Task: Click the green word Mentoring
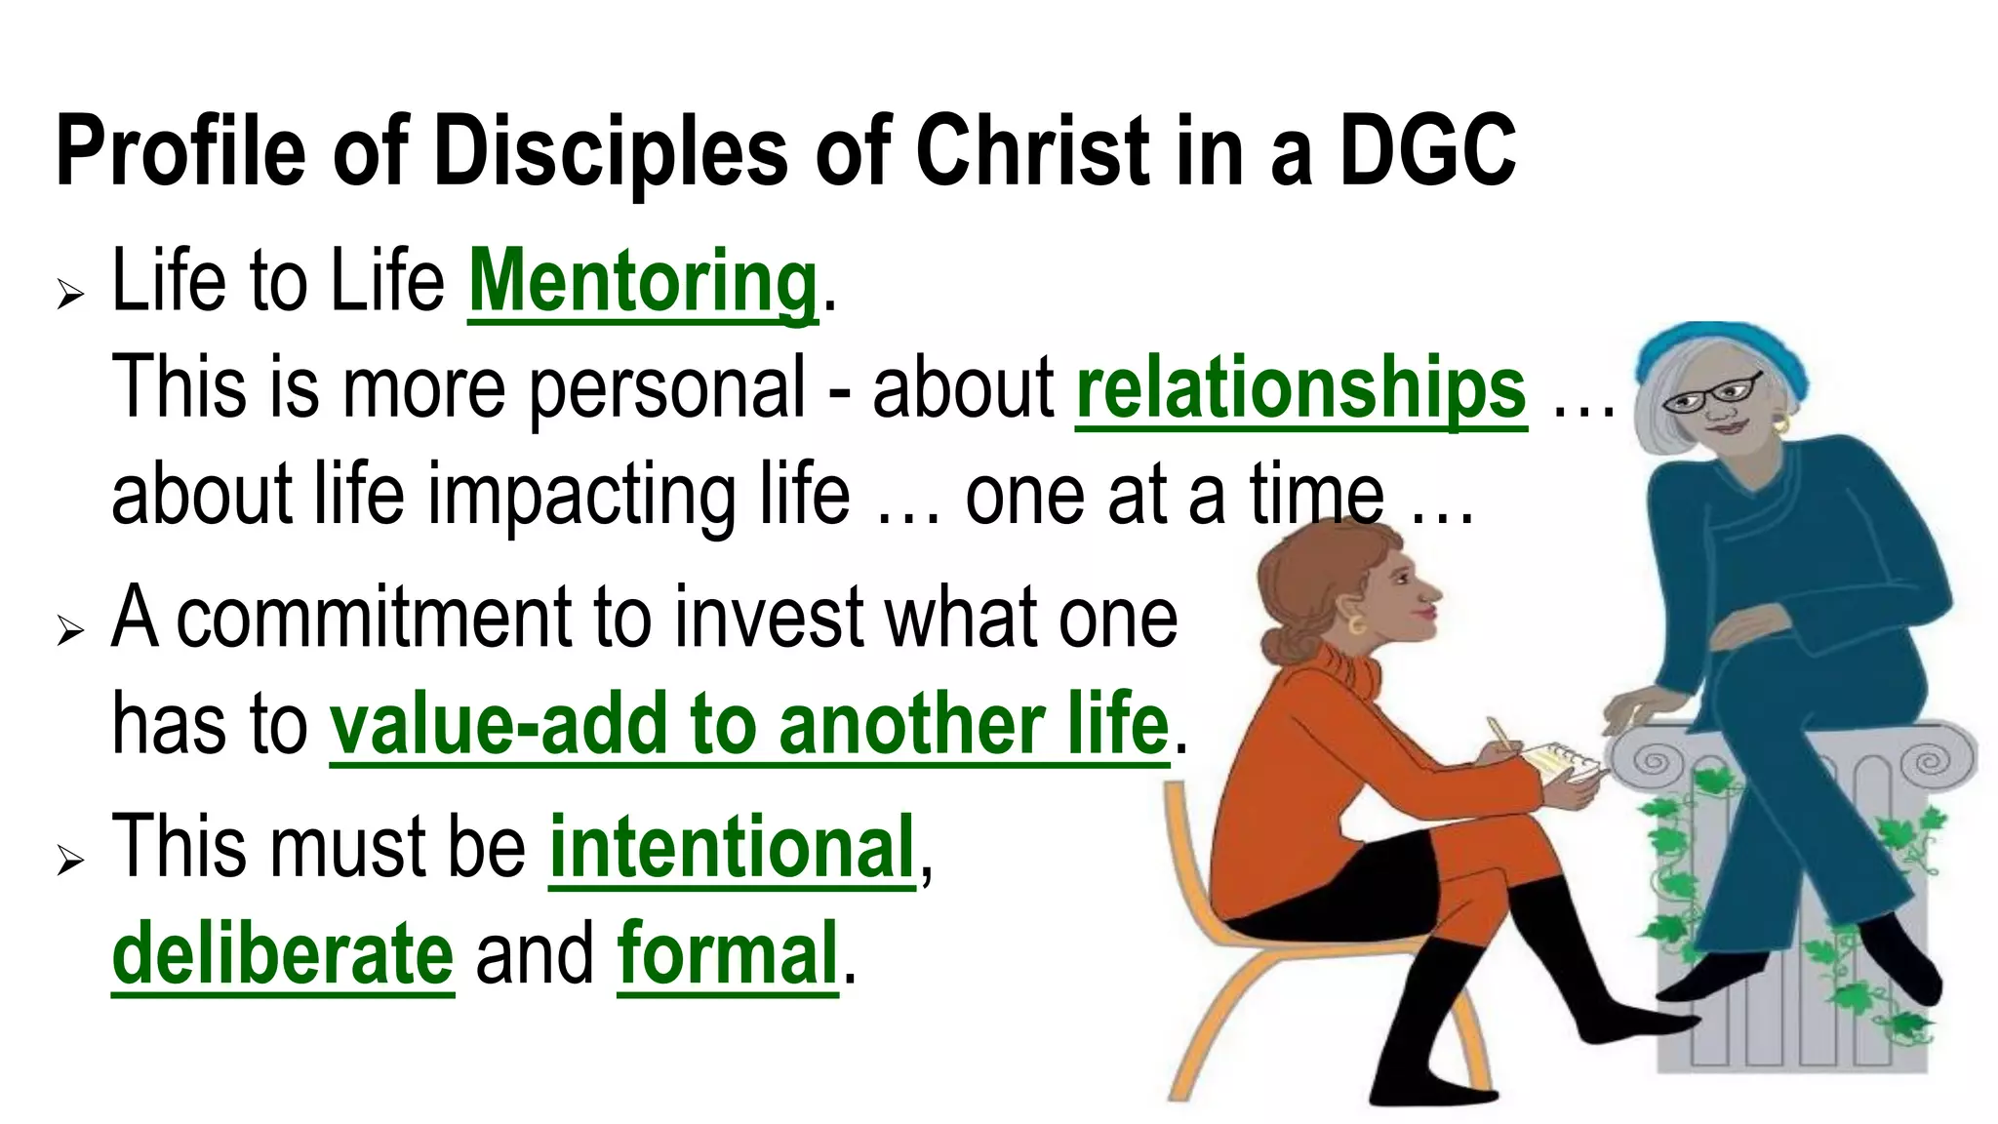[642, 283]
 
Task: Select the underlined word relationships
[1301, 389]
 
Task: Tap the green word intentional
[732, 847]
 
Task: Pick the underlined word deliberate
[283, 953]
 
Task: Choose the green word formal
[728, 953]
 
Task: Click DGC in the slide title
[1427, 151]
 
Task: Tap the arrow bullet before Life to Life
[70, 293]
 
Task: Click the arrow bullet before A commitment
[70, 630]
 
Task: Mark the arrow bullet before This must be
[70, 860]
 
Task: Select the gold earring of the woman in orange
[1355, 622]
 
